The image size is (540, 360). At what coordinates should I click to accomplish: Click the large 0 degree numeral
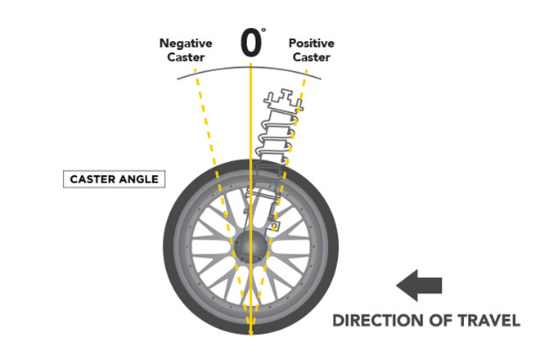point(251,42)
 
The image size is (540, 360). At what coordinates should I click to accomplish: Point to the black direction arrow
point(419,286)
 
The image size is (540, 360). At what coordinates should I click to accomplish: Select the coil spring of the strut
point(276,139)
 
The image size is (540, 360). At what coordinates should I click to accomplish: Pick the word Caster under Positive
point(310,57)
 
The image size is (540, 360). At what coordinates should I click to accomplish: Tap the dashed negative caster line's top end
point(195,70)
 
